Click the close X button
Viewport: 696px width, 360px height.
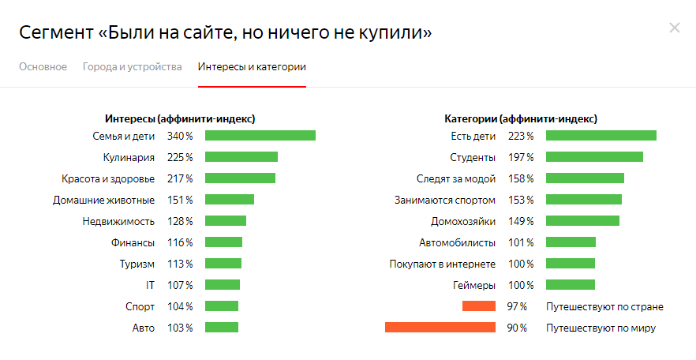[x=674, y=28]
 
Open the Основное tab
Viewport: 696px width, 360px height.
[x=43, y=67]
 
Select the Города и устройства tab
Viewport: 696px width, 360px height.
[x=132, y=67]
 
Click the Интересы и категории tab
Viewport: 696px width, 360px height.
[x=252, y=67]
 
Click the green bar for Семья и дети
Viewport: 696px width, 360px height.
[x=260, y=136]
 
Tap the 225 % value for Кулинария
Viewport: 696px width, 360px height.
[x=179, y=157]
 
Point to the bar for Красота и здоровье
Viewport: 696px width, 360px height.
[x=240, y=178]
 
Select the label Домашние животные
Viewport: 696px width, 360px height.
[x=103, y=200]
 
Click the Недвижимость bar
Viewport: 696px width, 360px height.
[x=226, y=221]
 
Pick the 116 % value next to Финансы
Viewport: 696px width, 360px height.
[x=179, y=242]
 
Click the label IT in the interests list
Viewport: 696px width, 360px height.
[x=150, y=285]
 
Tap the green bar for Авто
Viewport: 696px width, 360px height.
[x=221, y=328]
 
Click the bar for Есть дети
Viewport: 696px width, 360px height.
[x=601, y=136]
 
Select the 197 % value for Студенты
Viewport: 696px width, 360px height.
[x=520, y=157]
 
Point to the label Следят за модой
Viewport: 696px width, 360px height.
[x=456, y=178]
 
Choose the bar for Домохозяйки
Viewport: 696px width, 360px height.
[x=582, y=221]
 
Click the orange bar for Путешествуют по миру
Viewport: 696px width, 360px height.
[x=440, y=328]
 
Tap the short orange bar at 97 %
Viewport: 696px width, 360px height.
[x=478, y=306]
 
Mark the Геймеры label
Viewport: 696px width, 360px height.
[x=475, y=285]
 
